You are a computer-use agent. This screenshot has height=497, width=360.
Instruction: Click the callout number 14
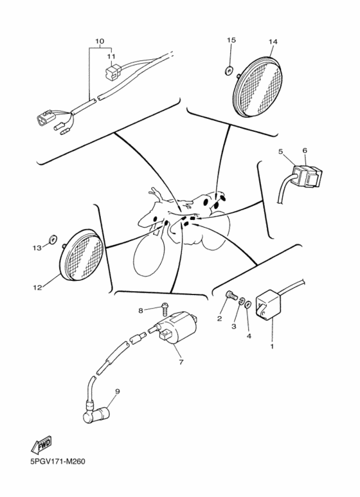pos(273,42)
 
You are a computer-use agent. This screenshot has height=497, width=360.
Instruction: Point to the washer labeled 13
pos(52,239)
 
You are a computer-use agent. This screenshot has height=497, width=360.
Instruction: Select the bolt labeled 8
pos(165,308)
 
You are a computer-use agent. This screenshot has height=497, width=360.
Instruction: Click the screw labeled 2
pos(231,296)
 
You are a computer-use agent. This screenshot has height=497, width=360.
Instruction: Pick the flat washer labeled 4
pos(248,305)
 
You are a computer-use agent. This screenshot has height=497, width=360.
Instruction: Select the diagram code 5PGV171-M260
pos(58,462)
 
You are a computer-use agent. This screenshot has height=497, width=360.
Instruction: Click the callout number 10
pos(100,41)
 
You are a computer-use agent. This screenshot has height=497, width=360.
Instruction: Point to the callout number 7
pos(181,361)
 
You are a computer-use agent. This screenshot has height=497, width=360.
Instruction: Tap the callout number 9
pos(117,392)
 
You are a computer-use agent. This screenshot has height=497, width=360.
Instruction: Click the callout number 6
pos(305,150)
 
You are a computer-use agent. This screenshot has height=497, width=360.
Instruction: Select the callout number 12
pos(37,288)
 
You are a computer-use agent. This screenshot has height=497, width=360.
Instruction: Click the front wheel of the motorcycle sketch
pos(149,253)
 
